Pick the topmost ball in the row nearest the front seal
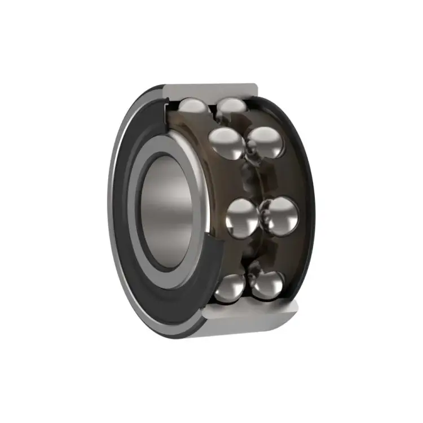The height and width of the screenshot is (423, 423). [x=193, y=108]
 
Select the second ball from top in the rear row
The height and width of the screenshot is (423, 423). [x=264, y=143]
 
